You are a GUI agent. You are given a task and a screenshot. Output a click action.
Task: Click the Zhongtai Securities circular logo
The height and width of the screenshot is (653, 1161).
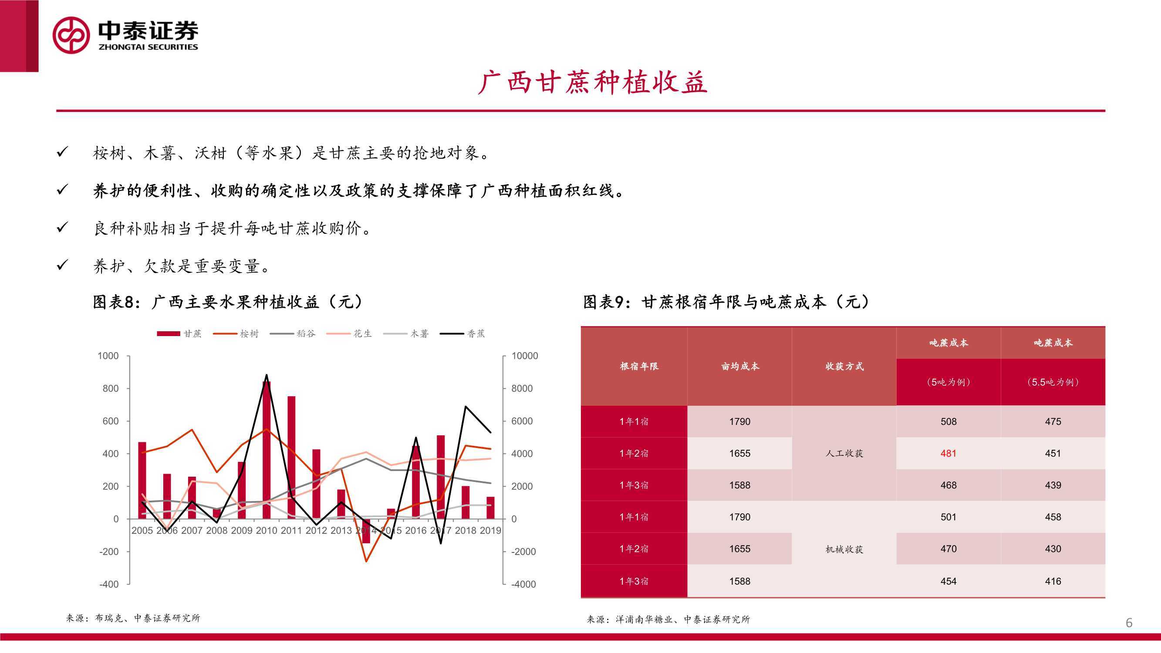(71, 35)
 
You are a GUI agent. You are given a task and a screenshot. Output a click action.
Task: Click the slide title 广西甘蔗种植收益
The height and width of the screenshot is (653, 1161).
(592, 82)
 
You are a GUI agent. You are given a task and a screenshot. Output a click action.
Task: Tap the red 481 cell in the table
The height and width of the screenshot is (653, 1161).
(948, 453)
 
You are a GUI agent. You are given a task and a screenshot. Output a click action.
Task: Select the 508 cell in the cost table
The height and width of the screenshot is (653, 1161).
(948, 421)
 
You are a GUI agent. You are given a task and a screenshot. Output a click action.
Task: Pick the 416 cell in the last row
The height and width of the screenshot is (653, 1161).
(1053, 581)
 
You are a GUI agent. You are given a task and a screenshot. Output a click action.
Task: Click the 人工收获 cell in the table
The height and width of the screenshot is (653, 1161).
(844, 453)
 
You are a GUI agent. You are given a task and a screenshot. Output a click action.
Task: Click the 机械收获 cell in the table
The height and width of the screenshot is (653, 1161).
(844, 549)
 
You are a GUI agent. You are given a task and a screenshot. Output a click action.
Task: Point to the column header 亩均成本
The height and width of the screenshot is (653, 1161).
(740, 367)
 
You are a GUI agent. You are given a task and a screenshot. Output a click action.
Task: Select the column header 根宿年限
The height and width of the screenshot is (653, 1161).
(639, 367)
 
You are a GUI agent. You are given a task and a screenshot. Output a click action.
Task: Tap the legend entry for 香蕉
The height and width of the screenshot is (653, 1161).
(462, 333)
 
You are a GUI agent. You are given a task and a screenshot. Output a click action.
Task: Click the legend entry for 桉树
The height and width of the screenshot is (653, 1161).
(236, 333)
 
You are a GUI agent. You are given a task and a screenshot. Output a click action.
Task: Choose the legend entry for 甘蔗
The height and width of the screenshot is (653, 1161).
(179, 333)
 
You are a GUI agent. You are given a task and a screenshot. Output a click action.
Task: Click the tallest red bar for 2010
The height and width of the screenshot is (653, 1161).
(267, 450)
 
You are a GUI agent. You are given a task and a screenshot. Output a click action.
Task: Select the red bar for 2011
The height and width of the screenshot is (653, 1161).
(292, 458)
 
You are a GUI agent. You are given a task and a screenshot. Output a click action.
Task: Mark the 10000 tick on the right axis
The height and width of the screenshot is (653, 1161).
(525, 356)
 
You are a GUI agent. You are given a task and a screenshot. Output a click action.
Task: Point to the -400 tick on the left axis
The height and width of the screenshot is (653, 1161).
(109, 584)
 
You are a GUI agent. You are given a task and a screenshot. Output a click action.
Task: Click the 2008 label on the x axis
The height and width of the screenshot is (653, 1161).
(217, 530)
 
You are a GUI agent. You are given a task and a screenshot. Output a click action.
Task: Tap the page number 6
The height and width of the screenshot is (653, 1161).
(1129, 623)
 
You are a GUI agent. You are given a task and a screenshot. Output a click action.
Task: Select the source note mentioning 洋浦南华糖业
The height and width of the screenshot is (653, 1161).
(668, 619)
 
